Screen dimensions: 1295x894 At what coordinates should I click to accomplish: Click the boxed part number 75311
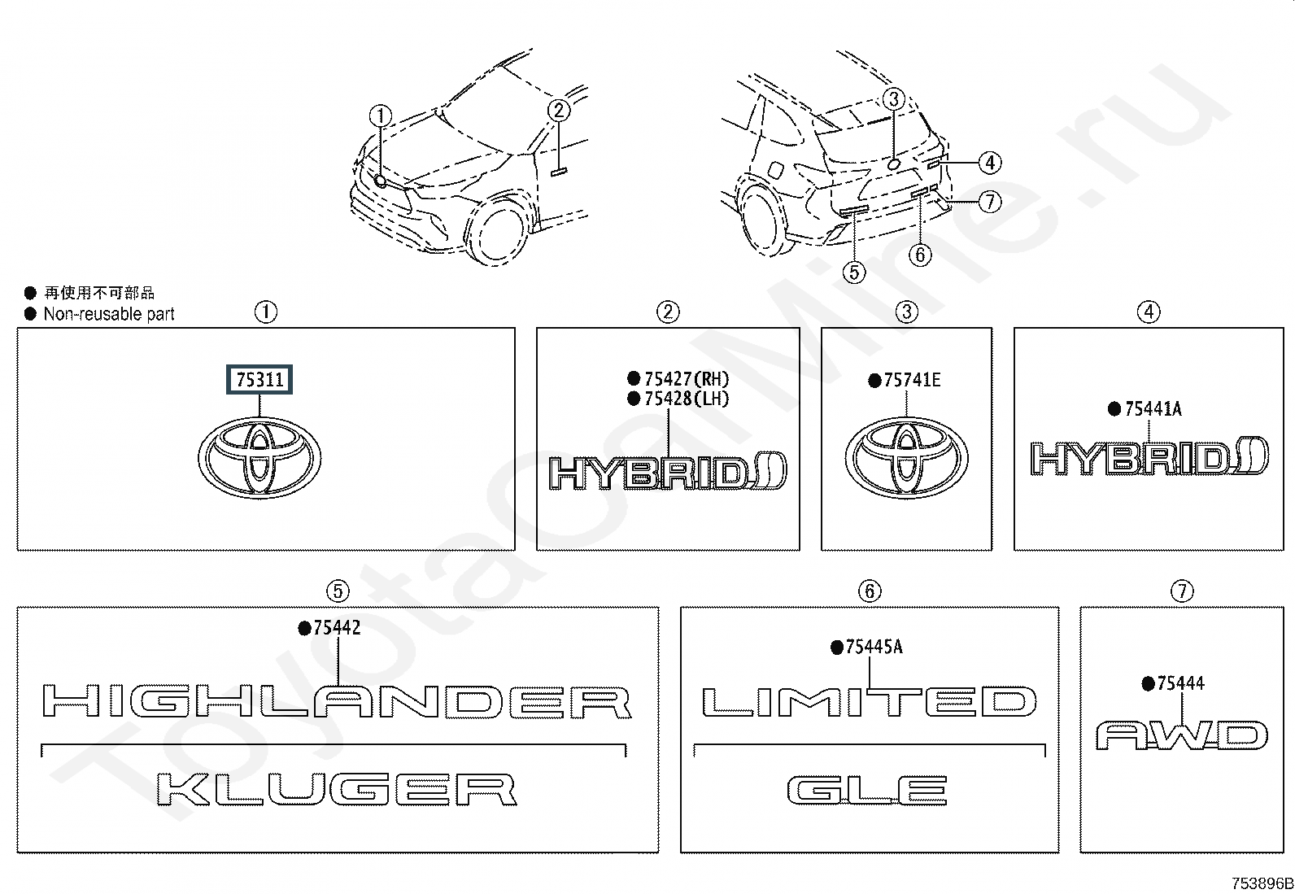tap(259, 379)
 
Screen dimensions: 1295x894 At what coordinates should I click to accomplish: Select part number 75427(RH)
tap(687, 379)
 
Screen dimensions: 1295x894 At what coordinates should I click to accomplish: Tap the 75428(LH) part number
tap(687, 399)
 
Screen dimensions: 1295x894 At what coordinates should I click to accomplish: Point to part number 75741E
tap(913, 380)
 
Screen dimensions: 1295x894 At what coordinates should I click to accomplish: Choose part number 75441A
tap(1153, 409)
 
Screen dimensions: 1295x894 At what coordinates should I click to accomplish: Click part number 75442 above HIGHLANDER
tap(337, 627)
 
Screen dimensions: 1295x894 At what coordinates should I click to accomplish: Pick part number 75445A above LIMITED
tap(874, 647)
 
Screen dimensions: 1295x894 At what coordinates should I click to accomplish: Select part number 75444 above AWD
tap(1181, 683)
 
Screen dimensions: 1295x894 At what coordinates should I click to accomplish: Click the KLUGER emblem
tap(337, 789)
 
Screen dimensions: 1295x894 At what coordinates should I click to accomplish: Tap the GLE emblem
tap(867, 791)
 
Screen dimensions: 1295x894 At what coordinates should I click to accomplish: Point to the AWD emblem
tap(1182, 735)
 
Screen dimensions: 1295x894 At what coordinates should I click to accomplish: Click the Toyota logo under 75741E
tap(906, 458)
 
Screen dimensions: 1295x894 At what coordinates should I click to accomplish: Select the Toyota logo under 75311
tap(259, 457)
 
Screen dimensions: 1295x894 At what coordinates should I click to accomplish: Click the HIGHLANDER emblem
tap(337, 701)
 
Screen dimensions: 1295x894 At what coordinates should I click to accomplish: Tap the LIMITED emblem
tap(870, 701)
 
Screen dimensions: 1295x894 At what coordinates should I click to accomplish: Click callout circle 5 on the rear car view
tap(854, 273)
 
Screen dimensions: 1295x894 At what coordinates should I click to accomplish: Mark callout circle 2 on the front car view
tap(559, 110)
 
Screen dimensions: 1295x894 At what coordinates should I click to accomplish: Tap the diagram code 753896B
tap(1262, 883)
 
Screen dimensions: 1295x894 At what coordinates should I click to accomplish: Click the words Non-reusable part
tap(109, 314)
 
